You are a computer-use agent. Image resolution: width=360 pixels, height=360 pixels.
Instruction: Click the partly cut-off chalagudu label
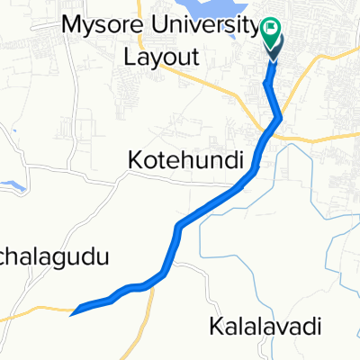point(54,258)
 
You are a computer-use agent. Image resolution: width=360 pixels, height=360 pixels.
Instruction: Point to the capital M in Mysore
point(70,25)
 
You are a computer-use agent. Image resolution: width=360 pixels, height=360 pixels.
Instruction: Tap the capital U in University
point(159,25)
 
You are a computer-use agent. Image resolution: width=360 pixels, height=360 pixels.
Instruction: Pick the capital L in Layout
point(129,58)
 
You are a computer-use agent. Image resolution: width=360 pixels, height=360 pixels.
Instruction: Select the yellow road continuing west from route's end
point(36,309)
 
